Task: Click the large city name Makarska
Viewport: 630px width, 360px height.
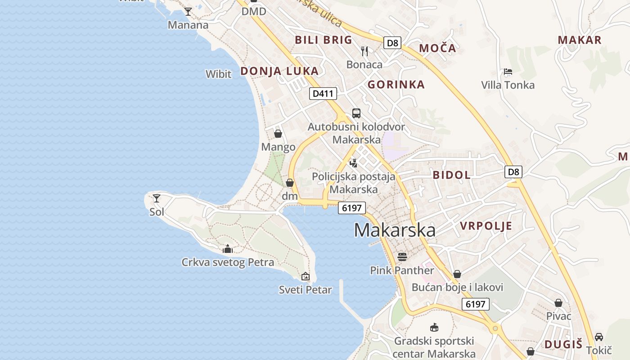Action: [395, 230]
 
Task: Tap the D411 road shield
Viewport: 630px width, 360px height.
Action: [323, 94]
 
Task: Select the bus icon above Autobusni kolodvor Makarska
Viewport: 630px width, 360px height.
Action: [356, 113]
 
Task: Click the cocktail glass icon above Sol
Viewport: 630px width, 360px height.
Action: [157, 198]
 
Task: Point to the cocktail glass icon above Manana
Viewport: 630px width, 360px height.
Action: [188, 12]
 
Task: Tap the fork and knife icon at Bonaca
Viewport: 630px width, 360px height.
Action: [364, 51]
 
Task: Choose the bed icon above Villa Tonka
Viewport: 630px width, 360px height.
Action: [508, 72]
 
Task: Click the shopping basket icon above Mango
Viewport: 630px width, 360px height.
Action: [278, 134]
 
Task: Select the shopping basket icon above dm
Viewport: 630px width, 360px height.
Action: [290, 183]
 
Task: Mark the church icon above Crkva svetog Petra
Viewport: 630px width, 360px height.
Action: [228, 248]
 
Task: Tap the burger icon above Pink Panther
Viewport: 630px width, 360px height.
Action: [402, 256]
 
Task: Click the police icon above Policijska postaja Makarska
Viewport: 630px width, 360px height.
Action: [354, 163]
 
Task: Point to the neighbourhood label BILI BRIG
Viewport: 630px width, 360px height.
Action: [324, 40]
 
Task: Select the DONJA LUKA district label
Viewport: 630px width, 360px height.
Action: [279, 71]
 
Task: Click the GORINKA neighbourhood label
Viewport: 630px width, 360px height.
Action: [396, 85]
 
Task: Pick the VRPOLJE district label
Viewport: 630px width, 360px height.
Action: [486, 226]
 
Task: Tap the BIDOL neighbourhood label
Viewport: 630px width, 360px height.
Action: [451, 175]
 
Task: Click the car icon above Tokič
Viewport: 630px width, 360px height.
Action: [599, 337]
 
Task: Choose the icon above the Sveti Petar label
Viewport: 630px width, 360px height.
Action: [306, 276]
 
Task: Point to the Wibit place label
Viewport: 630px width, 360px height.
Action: [218, 74]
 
